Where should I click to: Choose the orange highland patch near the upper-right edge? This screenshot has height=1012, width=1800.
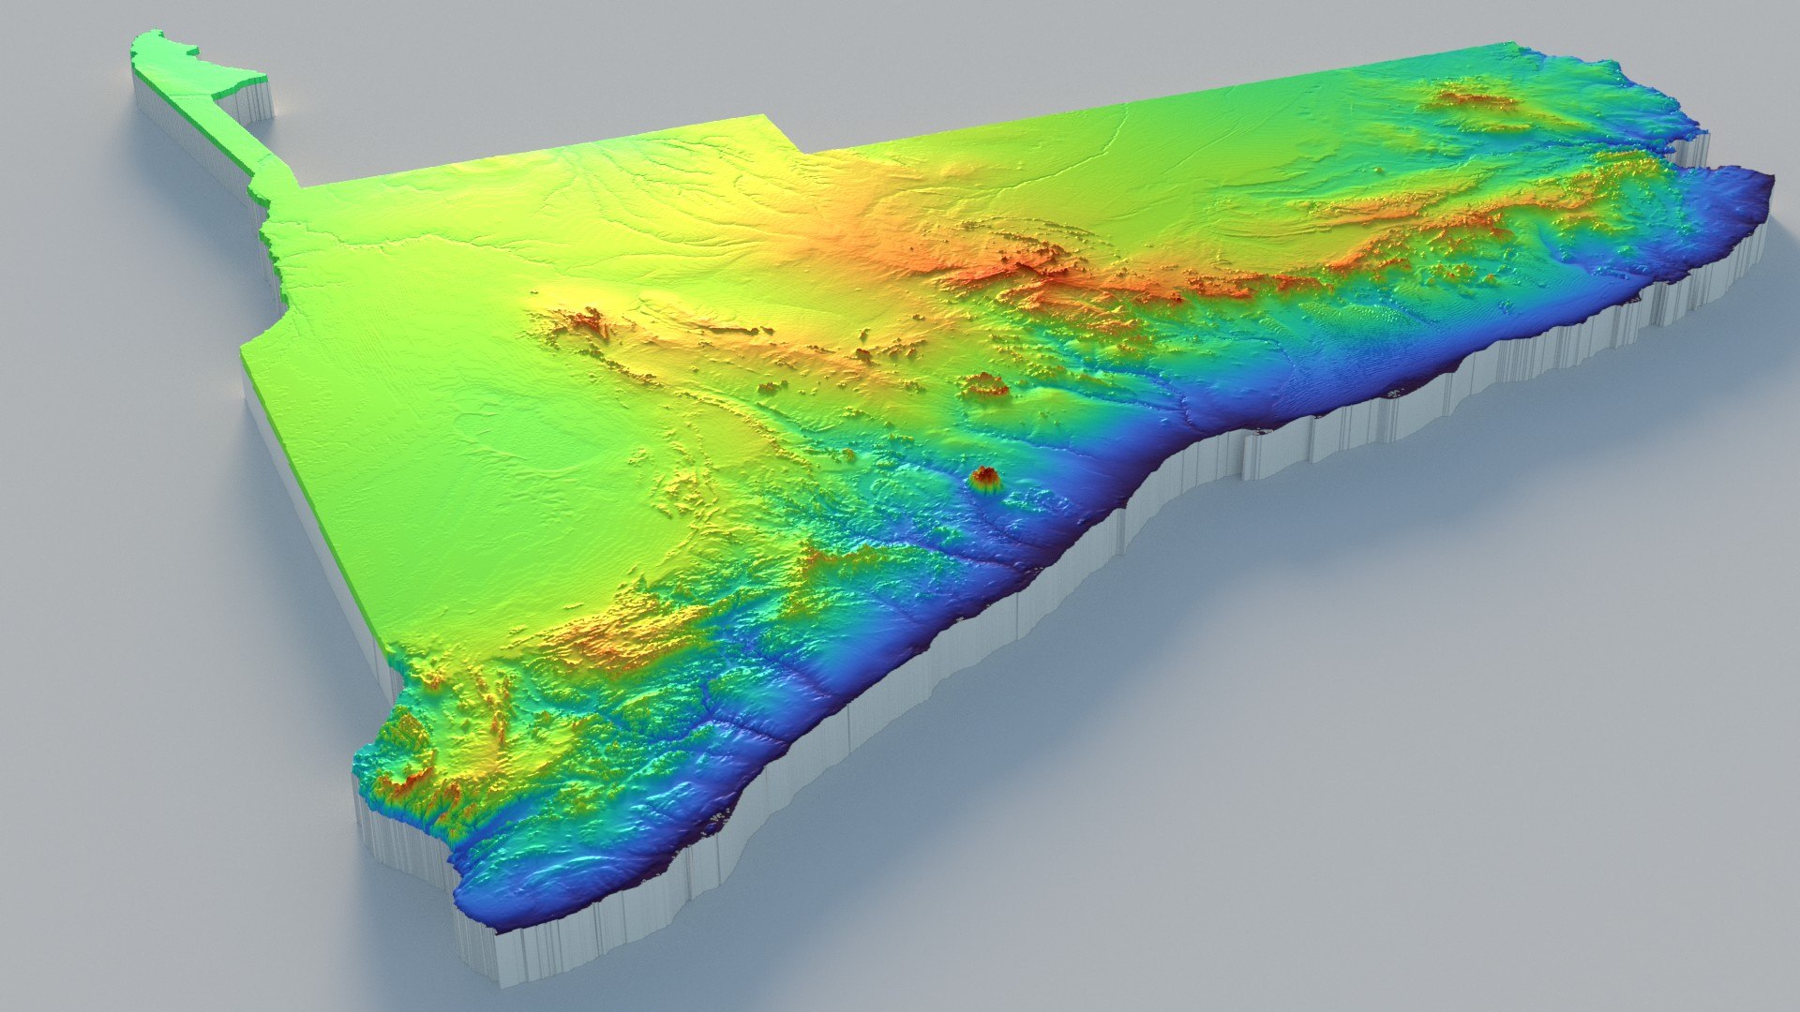pos(1472,98)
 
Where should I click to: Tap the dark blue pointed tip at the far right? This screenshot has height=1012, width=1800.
pos(1767,187)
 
